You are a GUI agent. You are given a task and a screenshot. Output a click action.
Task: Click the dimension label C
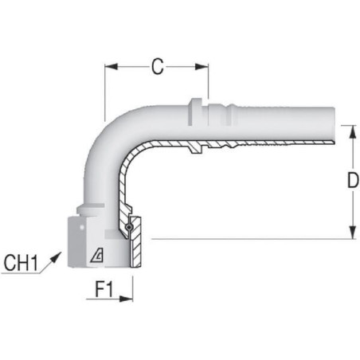[158, 66]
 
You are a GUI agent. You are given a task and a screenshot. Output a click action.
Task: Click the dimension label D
[353, 180]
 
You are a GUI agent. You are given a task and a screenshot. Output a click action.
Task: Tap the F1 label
[104, 289]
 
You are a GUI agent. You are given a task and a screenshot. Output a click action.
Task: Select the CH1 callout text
[21, 263]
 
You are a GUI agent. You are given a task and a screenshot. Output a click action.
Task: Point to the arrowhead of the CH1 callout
[57, 256]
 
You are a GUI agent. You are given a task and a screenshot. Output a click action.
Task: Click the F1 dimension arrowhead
[126, 299]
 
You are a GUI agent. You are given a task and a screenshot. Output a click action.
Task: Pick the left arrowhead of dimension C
[112, 66]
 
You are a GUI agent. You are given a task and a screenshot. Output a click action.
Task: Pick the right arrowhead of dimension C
[202, 66]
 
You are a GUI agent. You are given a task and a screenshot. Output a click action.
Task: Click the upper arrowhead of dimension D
[352, 131]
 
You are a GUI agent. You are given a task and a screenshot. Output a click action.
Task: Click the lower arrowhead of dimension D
[352, 233]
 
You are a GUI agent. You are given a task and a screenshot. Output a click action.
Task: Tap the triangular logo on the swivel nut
[96, 256]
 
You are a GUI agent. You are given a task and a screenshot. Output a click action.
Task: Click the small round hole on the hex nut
[82, 227]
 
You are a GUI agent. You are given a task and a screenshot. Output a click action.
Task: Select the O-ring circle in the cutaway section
[129, 227]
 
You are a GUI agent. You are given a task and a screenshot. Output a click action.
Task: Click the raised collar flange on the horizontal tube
[195, 112]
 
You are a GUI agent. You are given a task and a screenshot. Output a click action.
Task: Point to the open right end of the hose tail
[334, 125]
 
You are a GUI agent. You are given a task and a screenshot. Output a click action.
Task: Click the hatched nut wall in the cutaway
[135, 242]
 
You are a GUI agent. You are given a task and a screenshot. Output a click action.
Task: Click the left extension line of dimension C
[105, 92]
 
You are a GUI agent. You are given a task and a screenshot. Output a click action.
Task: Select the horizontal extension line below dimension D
[254, 239]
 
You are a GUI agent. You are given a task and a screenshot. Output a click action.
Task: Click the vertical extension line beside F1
[133, 289]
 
